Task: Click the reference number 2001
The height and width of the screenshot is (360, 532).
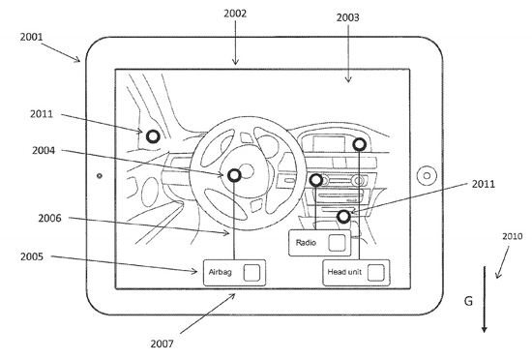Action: [x=31, y=37]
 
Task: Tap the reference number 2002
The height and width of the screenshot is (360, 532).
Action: [x=235, y=14]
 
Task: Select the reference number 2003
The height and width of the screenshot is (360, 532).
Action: [x=348, y=17]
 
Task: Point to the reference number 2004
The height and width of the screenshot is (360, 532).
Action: [x=44, y=150]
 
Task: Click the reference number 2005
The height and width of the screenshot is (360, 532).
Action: [x=32, y=256]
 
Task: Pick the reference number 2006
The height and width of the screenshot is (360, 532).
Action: [x=49, y=218]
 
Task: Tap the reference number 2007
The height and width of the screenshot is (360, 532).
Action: [x=162, y=344]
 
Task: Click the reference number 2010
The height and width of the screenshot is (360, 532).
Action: [x=513, y=236]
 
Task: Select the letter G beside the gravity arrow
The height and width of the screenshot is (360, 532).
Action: [x=468, y=301]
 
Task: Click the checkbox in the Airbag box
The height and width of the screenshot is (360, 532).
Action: [x=251, y=273]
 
